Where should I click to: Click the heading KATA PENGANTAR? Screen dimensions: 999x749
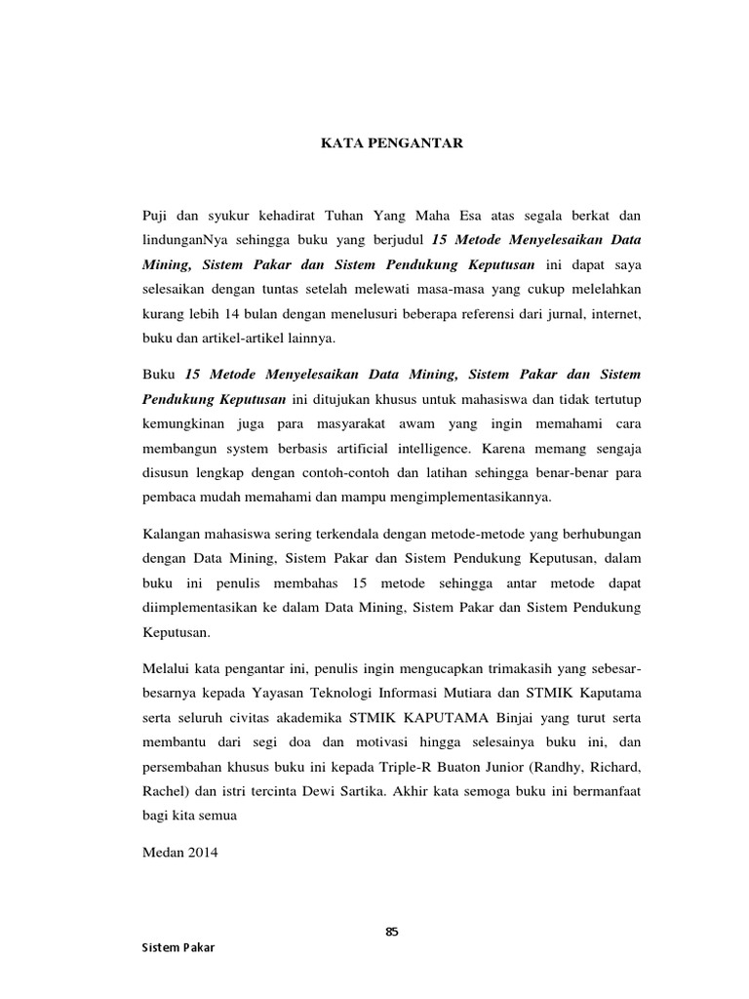393,143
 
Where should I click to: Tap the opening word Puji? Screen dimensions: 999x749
157,215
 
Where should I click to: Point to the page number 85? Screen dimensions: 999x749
392,931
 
